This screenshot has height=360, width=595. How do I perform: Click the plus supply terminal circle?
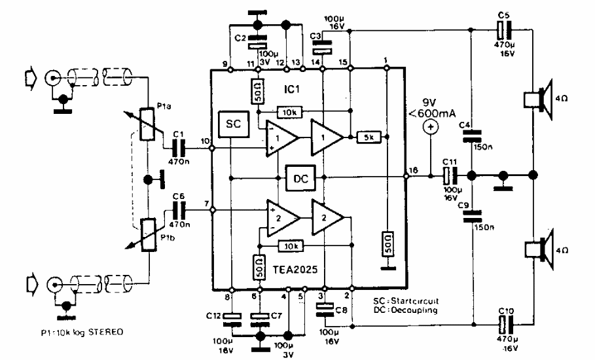click(430, 128)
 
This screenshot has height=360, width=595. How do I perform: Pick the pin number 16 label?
click(413, 170)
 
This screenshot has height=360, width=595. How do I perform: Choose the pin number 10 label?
click(206, 141)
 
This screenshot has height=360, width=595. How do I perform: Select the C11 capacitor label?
click(450, 161)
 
